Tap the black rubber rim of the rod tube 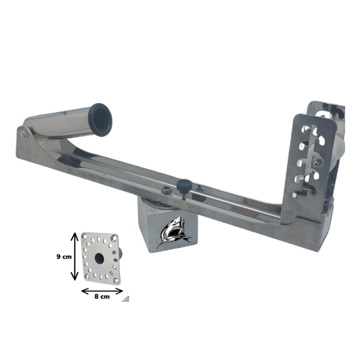tap(101, 120)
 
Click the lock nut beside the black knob tap(165, 190)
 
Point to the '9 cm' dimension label tap(64, 257)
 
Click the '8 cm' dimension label tap(102, 297)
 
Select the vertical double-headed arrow tap(74, 256)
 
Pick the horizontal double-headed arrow tap(102, 291)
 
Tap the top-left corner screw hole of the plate tap(85, 236)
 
